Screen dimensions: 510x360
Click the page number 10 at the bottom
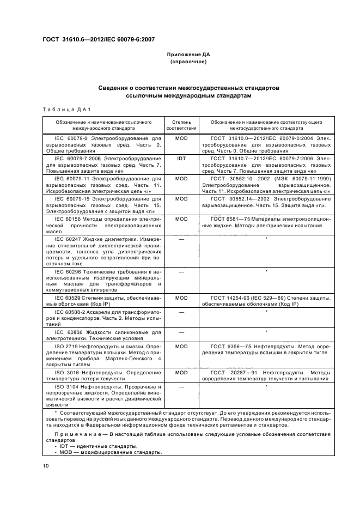pos(46,465)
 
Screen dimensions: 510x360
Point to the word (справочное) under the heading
pos(188,63)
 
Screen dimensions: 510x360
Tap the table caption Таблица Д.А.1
pos(63,109)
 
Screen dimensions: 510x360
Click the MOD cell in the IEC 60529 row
pos(181,298)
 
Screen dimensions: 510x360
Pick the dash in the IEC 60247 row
pos(181,239)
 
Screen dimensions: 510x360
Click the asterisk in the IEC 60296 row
pos(266,271)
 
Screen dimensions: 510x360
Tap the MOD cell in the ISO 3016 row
pos(181,372)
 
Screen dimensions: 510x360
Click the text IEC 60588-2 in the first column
pos(71,311)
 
